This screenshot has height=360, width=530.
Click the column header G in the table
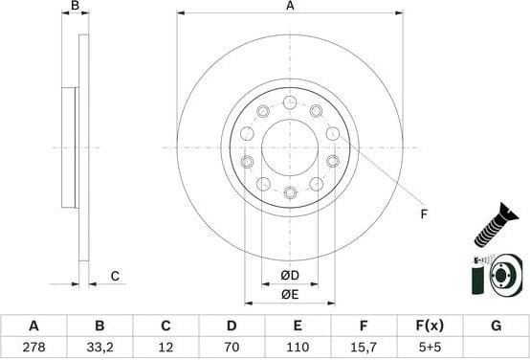(x=496, y=326)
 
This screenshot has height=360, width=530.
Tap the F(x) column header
(x=430, y=326)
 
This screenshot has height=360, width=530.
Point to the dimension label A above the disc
(x=290, y=6)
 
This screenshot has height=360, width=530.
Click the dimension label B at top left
(x=76, y=6)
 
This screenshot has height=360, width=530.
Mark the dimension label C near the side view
(x=114, y=277)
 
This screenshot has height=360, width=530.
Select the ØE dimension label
(x=290, y=295)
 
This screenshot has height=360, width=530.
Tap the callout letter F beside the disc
(x=422, y=214)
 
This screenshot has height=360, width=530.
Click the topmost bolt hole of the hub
(x=290, y=102)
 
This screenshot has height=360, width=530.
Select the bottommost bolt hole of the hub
(x=290, y=192)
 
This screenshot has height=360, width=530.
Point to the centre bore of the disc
(x=290, y=147)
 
